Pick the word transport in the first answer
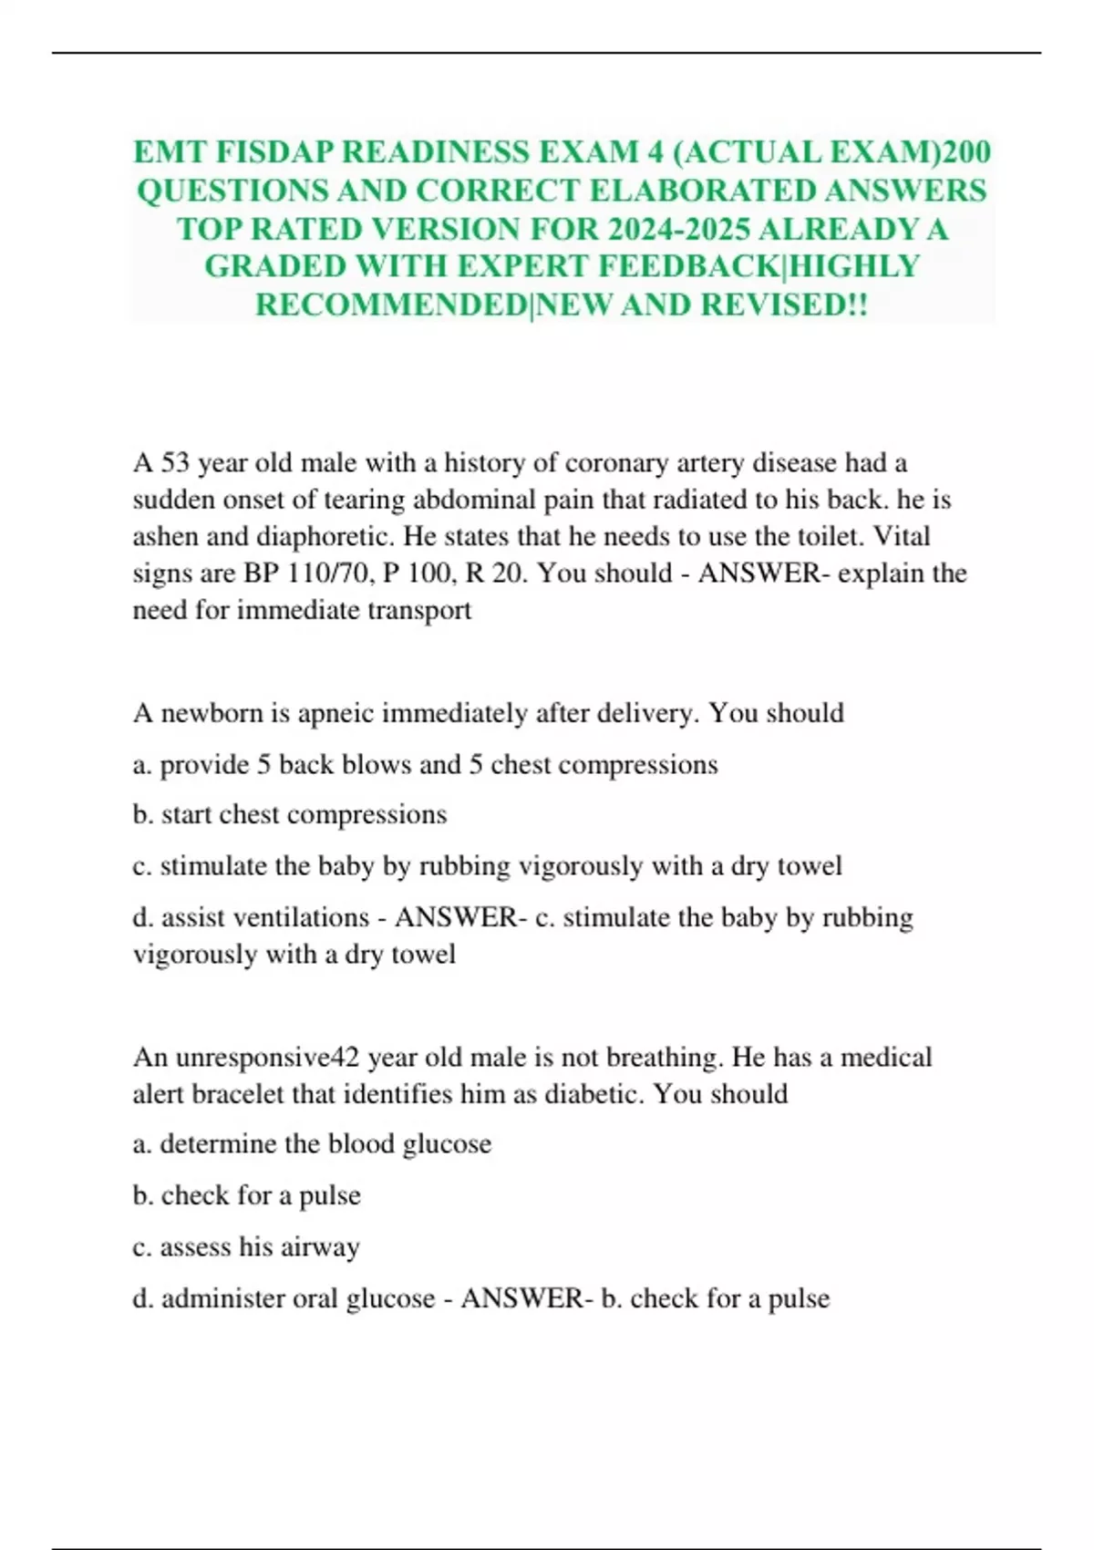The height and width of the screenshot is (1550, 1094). tap(419, 610)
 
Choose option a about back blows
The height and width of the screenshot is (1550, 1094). tap(425, 764)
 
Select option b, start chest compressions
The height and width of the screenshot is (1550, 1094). tap(290, 814)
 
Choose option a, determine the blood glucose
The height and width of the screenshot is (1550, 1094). tap(312, 1144)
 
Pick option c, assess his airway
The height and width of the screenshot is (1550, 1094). tap(246, 1247)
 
